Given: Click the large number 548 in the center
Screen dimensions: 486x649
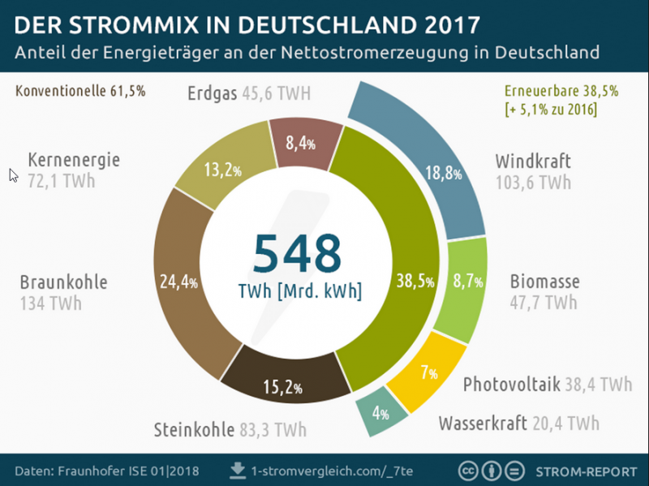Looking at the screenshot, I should (296, 253).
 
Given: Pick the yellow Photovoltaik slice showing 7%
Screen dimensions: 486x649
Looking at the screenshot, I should (427, 374).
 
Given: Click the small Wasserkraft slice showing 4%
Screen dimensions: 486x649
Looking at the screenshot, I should (376, 413).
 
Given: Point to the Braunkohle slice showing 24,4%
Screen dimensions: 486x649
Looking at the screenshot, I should (177, 282).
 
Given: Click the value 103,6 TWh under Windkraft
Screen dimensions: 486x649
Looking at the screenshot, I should (533, 183).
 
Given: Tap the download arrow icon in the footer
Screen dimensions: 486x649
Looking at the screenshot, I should (238, 470).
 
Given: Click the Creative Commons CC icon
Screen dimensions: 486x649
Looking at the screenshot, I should (468, 471).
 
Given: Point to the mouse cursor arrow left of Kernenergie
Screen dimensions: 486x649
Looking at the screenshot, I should (13, 174).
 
